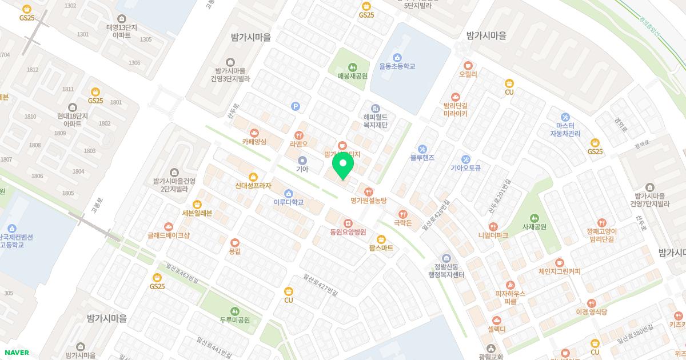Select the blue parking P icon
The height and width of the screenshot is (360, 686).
click(295, 106)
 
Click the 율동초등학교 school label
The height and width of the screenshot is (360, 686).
click(397, 66)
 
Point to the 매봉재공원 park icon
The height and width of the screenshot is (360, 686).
click(352, 66)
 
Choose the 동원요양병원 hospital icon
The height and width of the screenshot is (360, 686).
click(348, 223)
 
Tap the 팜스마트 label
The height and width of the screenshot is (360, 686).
click(381, 248)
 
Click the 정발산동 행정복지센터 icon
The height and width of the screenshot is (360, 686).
click(446, 258)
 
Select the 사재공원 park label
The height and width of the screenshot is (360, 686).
click(534, 227)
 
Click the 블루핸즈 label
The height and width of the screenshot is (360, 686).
click(422, 157)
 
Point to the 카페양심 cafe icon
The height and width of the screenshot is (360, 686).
click(254, 133)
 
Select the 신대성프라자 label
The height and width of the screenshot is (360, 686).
click(253, 186)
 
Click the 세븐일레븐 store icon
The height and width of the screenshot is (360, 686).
click(197, 204)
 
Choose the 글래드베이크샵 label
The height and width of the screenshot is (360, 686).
click(168, 235)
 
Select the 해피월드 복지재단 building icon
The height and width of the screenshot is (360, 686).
click(376, 108)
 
